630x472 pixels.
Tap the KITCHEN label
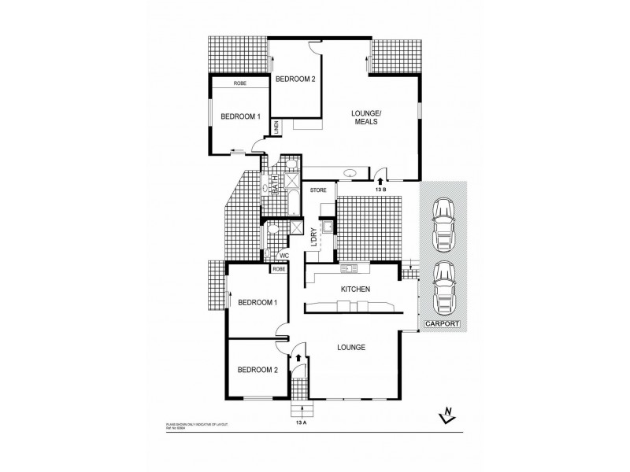[354, 289]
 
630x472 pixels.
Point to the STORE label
[318, 190]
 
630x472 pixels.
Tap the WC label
[284, 255]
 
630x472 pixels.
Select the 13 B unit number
[381, 190]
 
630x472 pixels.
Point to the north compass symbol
[447, 418]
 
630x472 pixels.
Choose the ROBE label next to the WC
[278, 269]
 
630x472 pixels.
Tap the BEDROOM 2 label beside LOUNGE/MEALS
[295, 77]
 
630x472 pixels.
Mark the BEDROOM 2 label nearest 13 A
[257, 369]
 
